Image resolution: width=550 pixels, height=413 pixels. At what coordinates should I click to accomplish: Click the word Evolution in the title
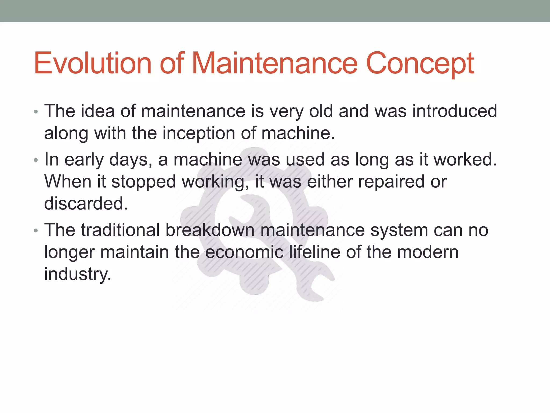tap(93, 63)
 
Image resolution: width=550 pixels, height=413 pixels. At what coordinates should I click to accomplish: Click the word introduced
tap(454, 111)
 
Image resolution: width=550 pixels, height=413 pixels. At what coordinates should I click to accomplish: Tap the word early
tap(84, 160)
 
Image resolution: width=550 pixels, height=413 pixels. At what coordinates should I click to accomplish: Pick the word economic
tap(244, 252)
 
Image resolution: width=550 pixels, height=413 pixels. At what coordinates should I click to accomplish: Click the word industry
tap(77, 275)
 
